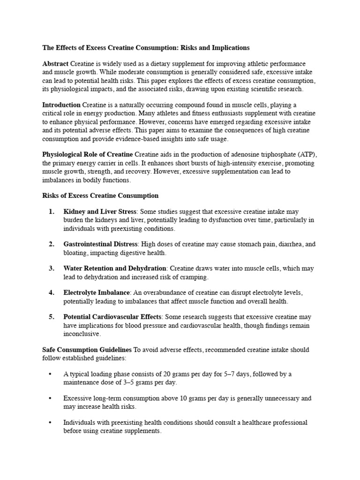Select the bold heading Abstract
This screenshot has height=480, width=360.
pos(55,63)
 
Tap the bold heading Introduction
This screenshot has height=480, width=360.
pos(61,105)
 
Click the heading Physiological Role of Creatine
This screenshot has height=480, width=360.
pos(88,154)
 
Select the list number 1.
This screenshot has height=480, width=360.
pos(52,212)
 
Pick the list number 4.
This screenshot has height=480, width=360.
pos(52,292)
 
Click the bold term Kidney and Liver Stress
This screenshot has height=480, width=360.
pos(100,212)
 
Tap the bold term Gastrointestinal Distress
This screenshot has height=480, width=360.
pos(100,244)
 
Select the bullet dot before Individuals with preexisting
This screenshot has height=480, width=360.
pos(50,423)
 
